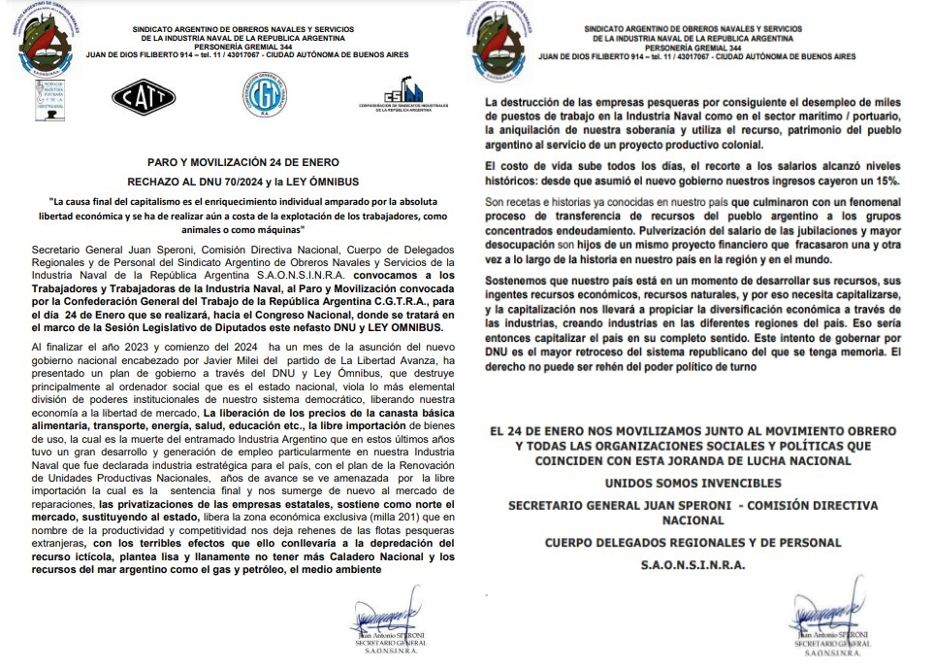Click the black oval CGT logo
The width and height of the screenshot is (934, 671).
(144, 94)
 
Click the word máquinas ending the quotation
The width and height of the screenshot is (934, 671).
(277, 229)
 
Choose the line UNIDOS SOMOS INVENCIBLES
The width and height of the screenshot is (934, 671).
(692, 483)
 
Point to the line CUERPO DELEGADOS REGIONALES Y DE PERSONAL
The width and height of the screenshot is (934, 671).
(692, 542)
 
